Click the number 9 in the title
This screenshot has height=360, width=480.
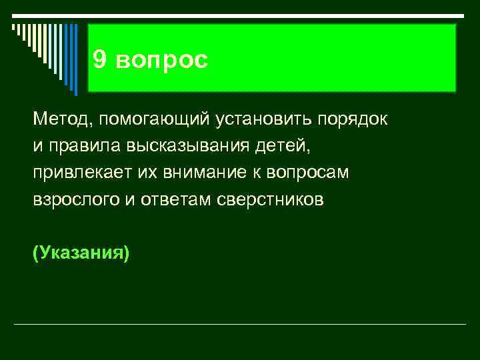click(x=99, y=60)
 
